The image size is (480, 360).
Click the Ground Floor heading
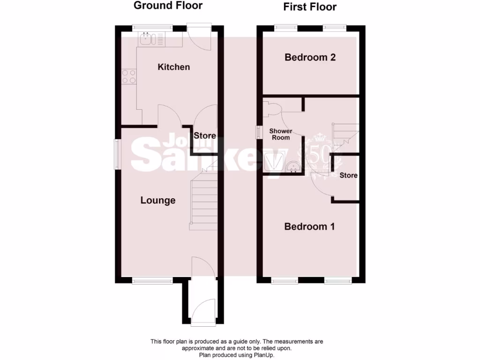pyautogui.click(x=168, y=6)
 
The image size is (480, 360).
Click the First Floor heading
pyautogui.click(x=310, y=7)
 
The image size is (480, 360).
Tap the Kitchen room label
pyautogui.click(x=173, y=67)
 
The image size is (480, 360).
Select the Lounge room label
pyautogui.click(x=158, y=201)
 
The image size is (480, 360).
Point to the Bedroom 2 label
pyautogui.click(x=310, y=58)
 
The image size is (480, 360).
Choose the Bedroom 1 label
pyautogui.click(x=309, y=227)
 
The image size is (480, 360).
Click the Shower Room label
pyautogui.click(x=280, y=134)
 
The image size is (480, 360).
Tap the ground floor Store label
pyautogui.click(x=205, y=136)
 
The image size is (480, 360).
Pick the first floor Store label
pyautogui.click(x=348, y=175)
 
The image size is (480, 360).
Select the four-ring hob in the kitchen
pyautogui.click(x=129, y=76)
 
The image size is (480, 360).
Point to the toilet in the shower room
pyautogui.click(x=272, y=109)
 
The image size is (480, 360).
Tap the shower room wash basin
pyautogui.click(x=292, y=166)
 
